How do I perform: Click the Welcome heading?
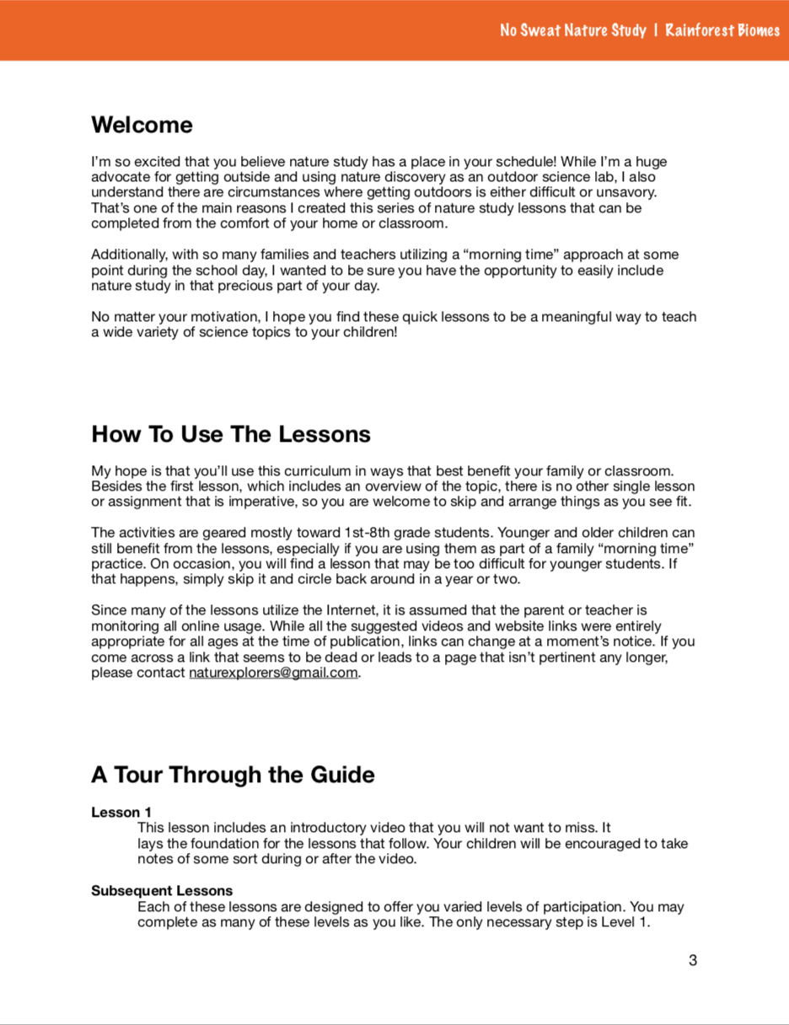142,126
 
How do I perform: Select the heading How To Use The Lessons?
230,435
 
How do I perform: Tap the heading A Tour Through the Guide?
233,775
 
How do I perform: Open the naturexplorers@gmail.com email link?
274,673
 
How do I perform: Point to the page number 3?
693,960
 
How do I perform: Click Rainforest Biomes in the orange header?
722,31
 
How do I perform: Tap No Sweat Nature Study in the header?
572,31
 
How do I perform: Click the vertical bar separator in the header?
655,31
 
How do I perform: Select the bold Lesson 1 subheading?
115,813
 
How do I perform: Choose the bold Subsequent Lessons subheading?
162,891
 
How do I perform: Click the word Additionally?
127,255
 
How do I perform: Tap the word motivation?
211,317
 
